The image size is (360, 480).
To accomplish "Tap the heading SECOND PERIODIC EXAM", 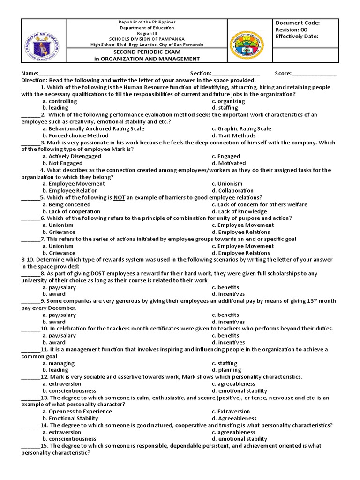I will tap(147, 52).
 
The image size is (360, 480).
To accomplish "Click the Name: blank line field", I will tap(104, 74).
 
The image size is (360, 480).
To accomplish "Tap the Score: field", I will tap(314, 74).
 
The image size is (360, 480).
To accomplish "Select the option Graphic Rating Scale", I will tap(241, 128).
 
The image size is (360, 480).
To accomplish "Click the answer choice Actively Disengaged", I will tap(71, 156).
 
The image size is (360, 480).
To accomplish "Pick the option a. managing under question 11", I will tap(58, 363).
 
